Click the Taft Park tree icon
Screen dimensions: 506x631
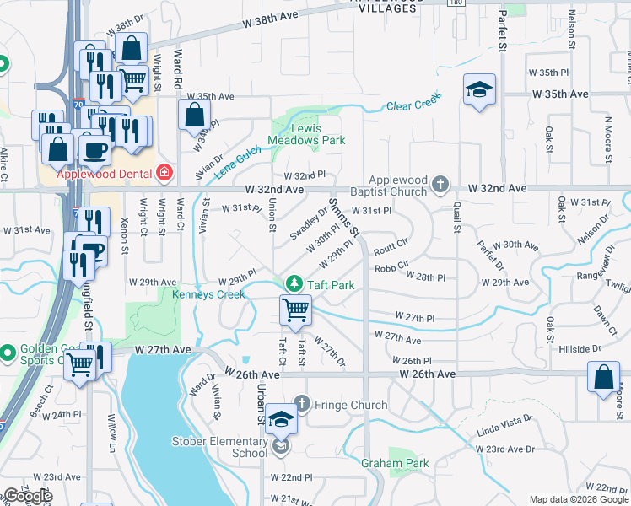pyautogui.click(x=294, y=285)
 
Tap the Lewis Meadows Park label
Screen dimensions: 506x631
pyautogui.click(x=307, y=135)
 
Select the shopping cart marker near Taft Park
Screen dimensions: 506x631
pyautogui.click(x=296, y=310)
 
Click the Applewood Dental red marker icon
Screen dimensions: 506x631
pyautogui.click(x=165, y=175)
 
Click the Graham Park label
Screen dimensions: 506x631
pyautogui.click(x=395, y=463)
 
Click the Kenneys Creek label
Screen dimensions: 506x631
pyautogui.click(x=208, y=294)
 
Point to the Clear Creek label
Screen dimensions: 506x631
pyautogui.click(x=414, y=105)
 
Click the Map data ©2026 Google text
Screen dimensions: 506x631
pyautogui.click(x=578, y=499)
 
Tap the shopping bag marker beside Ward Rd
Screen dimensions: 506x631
pyautogui.click(x=195, y=116)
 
